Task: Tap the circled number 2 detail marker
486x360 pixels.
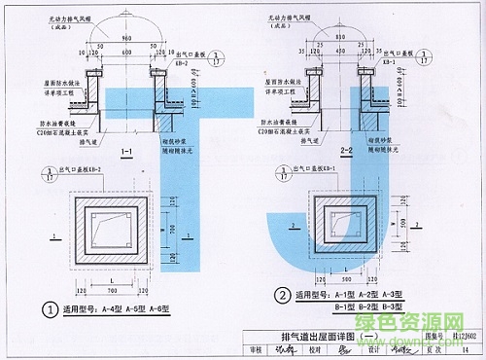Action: click(280, 295)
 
